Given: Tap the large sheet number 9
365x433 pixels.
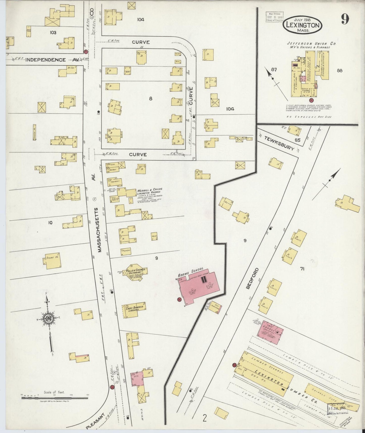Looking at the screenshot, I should click(x=345, y=19).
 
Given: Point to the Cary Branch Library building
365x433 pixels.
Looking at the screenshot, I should click(x=134, y=310).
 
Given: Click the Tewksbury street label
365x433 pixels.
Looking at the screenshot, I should click(x=279, y=143).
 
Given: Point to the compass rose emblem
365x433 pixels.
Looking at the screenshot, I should click(x=47, y=319).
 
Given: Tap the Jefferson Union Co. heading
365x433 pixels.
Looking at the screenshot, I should click(x=311, y=44).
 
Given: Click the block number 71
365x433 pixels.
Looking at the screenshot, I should click(x=302, y=269).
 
